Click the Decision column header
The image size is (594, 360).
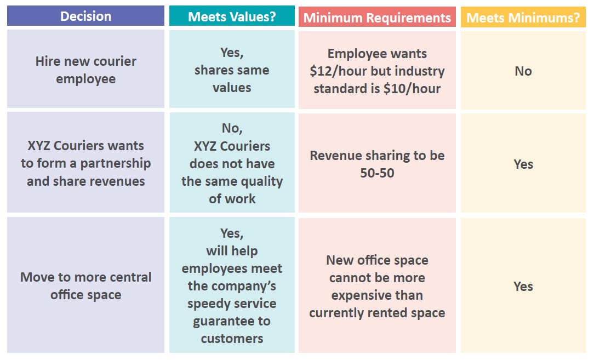(85, 16)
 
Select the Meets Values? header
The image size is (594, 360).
(232, 16)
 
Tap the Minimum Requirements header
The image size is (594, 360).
(377, 18)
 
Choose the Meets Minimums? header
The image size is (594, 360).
(523, 18)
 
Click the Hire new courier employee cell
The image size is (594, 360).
(85, 69)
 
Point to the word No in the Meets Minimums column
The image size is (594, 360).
(523, 71)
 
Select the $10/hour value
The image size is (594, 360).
(412, 89)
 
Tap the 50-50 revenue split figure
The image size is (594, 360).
(377, 173)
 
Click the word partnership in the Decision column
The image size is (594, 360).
(116, 163)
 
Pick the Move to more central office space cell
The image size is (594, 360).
(85, 285)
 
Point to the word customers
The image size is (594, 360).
(232, 339)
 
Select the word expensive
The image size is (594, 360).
(377, 295)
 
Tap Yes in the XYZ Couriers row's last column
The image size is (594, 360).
(523, 164)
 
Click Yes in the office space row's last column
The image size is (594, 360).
(523, 286)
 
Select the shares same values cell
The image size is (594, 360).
(232, 70)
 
